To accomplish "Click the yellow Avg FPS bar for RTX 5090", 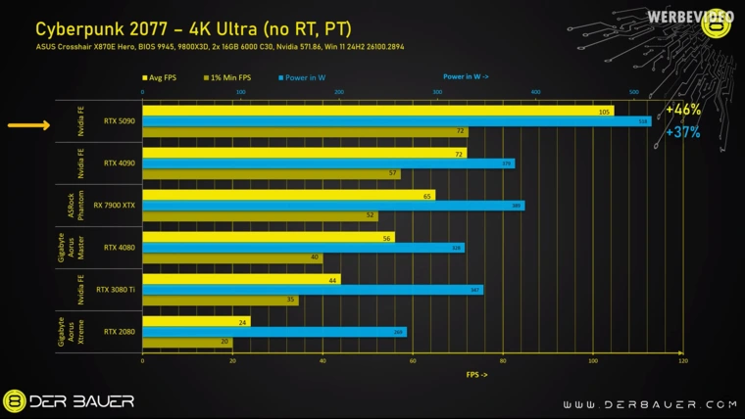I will pyautogui.click(x=377, y=111).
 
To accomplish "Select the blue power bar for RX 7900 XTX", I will pyautogui.click(x=333, y=206).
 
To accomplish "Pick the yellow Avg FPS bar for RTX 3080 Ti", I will pyautogui.click(x=241, y=279).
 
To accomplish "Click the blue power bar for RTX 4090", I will pyautogui.click(x=328, y=163).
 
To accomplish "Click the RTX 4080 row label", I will pyautogui.click(x=119, y=248).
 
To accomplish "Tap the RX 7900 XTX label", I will pyautogui.click(x=115, y=206).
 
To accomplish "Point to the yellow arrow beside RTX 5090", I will pyautogui.click(x=28, y=125).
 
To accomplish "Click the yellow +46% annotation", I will pyautogui.click(x=683, y=110).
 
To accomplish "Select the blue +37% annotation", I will pyautogui.click(x=683, y=132).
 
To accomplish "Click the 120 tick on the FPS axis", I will pyautogui.click(x=682, y=361).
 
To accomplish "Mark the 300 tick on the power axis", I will pyautogui.click(x=437, y=93).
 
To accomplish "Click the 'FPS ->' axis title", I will pyautogui.click(x=476, y=374).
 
